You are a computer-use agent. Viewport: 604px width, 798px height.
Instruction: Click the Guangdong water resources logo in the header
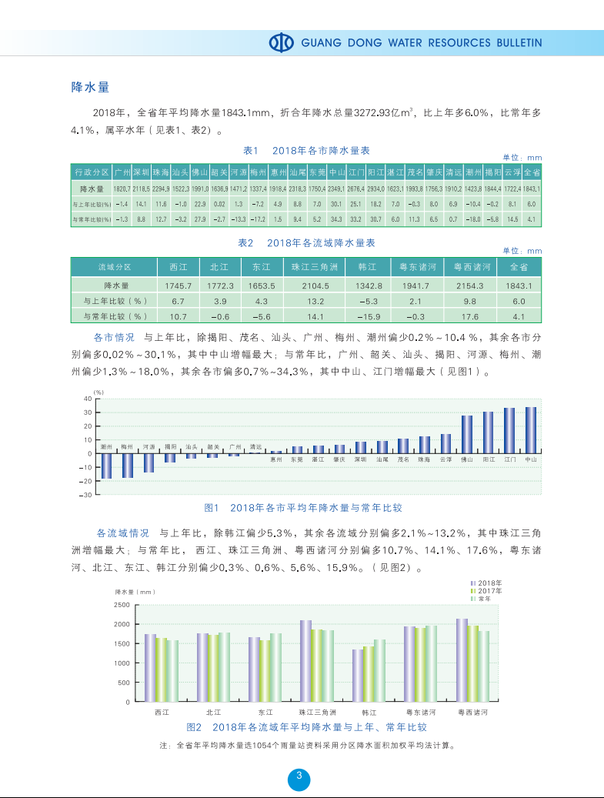(x=282, y=42)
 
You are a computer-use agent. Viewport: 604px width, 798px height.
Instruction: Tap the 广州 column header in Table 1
(x=122, y=172)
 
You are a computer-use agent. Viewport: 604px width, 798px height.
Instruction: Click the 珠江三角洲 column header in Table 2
(x=310, y=267)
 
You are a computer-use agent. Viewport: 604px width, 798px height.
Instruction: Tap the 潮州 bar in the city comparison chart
(x=107, y=466)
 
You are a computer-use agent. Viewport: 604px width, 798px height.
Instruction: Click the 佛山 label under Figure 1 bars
(x=466, y=459)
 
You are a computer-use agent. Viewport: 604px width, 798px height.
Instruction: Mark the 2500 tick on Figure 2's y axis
(x=122, y=605)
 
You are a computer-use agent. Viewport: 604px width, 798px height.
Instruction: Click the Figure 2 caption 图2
(x=194, y=727)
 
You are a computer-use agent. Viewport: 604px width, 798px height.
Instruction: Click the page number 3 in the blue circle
(x=299, y=776)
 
